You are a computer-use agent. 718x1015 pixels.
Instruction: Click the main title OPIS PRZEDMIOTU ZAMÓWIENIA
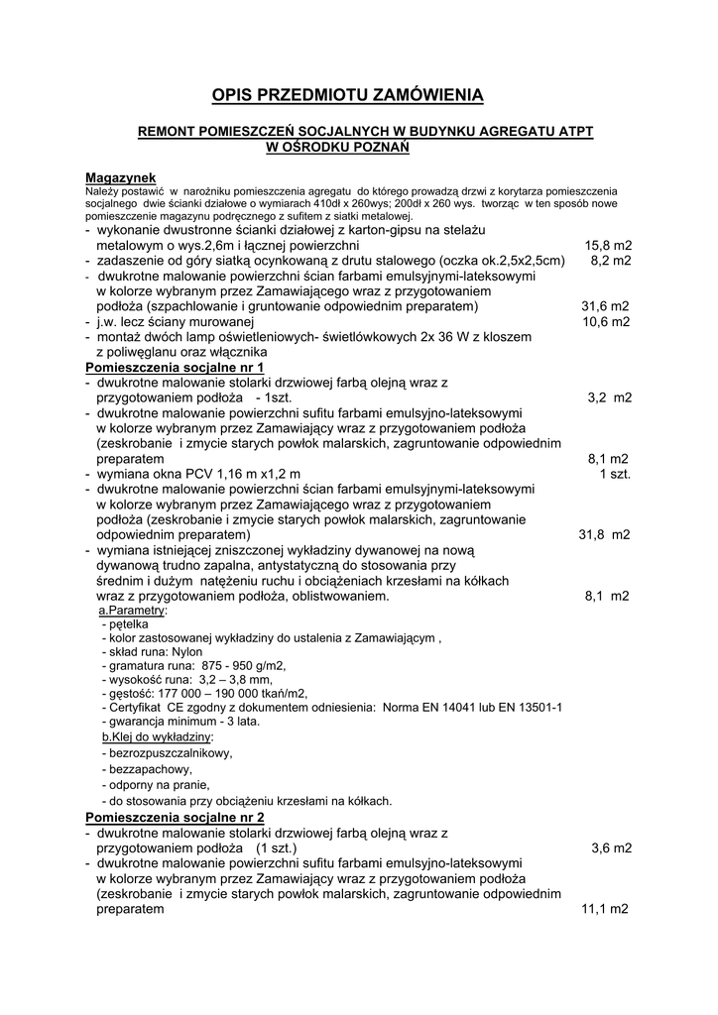pos(347,95)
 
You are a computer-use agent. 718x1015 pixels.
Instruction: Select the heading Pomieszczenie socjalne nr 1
pos(175,367)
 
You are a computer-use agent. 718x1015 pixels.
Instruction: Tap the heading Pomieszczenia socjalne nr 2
pos(176,818)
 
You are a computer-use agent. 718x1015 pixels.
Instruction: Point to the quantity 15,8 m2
pos(608,245)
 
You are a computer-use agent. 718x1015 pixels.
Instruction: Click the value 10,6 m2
pos(605,321)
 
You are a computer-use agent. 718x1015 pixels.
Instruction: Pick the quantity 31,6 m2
pos(605,306)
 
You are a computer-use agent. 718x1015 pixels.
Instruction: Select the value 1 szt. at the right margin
pos(615,474)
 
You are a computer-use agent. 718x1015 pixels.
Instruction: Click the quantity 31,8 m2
pos(604,535)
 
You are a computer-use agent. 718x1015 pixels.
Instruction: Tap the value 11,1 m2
pos(605,908)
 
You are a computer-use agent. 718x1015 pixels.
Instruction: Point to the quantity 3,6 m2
pos(611,848)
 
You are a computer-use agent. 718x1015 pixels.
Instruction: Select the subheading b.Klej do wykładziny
pos(157,737)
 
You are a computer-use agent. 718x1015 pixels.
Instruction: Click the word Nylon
pos(185,652)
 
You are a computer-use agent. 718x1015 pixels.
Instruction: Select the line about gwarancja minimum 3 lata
pos(182,722)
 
